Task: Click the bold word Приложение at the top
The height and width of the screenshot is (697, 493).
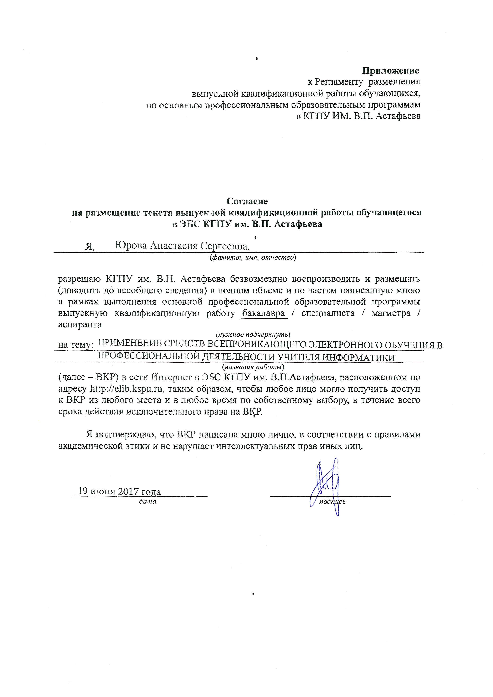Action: (x=390, y=71)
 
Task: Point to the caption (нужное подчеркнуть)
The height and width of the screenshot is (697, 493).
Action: (x=253, y=334)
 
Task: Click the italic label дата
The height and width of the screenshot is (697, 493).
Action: (x=148, y=501)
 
